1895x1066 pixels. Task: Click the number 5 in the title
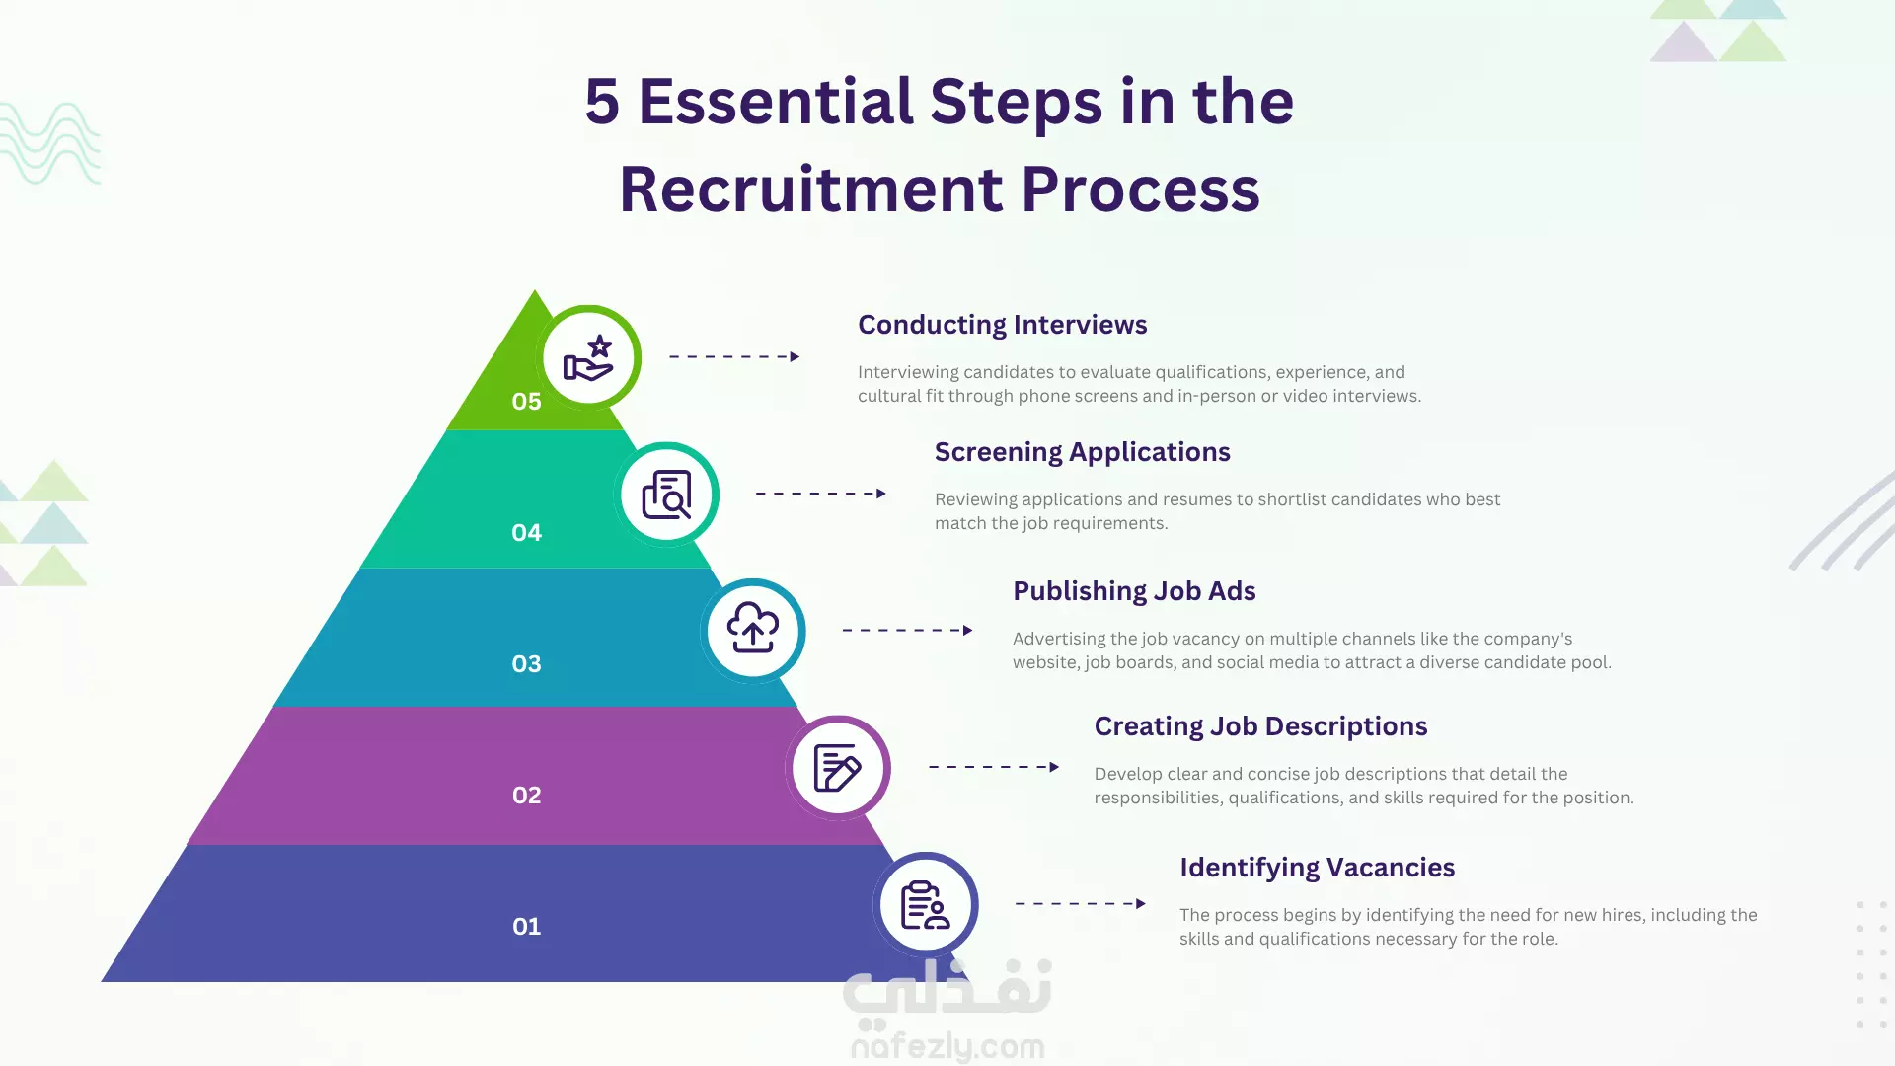tap(602, 102)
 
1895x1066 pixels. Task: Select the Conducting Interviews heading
tap(1002, 325)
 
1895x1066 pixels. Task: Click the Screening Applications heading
tap(1082, 452)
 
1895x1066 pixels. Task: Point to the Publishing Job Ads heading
tap(1134, 591)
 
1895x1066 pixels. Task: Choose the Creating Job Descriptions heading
tap(1260, 726)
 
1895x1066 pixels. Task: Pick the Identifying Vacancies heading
tap(1317, 868)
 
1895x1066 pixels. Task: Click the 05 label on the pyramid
tap(526, 402)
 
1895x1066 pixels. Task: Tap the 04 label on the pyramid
tap(526, 533)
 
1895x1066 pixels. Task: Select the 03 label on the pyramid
tap(526, 664)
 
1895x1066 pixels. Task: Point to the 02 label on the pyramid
tap(526, 796)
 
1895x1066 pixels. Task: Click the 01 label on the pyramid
tap(526, 927)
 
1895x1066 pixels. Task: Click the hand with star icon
tap(588, 358)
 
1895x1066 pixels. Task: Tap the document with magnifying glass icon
tap(666, 495)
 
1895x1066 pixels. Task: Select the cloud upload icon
tap(753, 629)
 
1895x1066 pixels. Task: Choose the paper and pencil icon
tap(837, 768)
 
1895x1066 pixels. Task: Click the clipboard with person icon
tap(925, 905)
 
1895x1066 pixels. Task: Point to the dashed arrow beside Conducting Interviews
tap(734, 356)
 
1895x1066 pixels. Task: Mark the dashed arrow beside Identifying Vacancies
tap(1081, 903)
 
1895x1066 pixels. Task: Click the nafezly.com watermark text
tap(947, 1045)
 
